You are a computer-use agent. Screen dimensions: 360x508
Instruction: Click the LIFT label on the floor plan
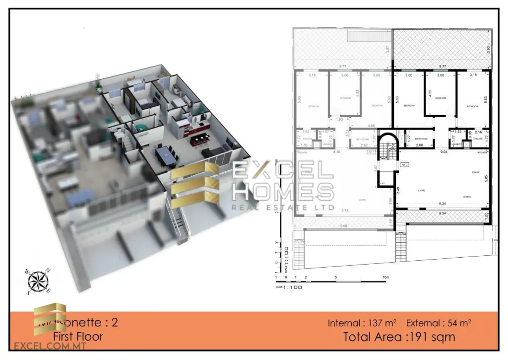[x=382, y=183]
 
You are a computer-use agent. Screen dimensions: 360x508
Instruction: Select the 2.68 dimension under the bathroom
[x=419, y=145]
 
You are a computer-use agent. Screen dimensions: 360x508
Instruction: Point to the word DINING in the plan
[x=466, y=197]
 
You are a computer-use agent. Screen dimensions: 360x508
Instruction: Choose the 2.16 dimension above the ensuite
[x=478, y=133]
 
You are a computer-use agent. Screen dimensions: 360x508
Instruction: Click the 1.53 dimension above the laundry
[x=457, y=133]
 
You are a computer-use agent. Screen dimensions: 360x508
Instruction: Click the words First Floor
[x=78, y=336]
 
